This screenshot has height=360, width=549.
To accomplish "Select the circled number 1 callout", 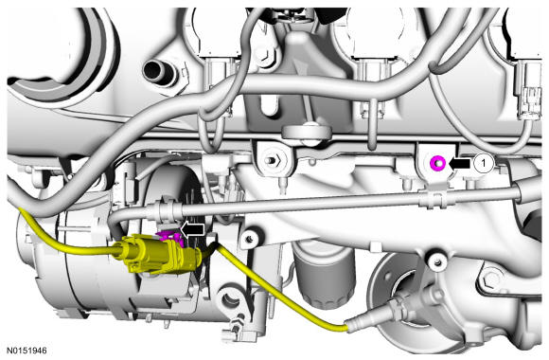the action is tap(484, 163).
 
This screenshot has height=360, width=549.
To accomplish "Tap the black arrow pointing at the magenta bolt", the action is tap(459, 163).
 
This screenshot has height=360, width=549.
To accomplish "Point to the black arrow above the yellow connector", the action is tap(192, 229).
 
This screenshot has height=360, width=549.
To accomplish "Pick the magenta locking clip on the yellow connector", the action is tap(169, 237).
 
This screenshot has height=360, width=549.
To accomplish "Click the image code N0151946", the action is tap(27, 351).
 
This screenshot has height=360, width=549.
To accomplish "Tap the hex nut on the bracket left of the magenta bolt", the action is tap(274, 161).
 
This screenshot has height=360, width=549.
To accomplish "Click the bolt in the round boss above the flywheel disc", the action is tap(436, 261).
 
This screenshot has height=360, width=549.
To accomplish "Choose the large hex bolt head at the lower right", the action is tap(492, 278).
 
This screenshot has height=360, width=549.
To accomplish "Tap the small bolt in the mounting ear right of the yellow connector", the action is tap(250, 239).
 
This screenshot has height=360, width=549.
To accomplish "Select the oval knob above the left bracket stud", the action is tap(307, 132).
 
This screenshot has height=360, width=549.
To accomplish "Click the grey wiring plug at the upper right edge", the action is tap(529, 90).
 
